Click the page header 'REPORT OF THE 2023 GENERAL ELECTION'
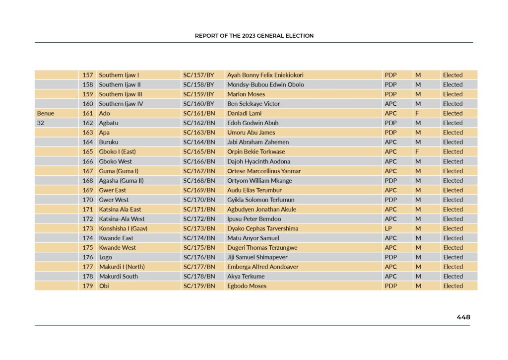click(254, 36)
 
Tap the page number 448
click(463, 317)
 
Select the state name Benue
click(46, 113)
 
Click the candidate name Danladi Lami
click(244, 113)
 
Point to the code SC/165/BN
click(199, 151)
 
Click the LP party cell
click(388, 228)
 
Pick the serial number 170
click(88, 200)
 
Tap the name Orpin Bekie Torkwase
click(256, 151)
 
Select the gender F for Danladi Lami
click(417, 113)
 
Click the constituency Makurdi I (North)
click(122, 267)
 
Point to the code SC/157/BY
click(198, 75)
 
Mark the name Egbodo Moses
click(247, 286)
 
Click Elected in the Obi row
click(452, 286)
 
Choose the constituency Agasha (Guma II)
click(121, 181)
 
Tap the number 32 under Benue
click(41, 123)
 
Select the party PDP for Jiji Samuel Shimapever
click(390, 257)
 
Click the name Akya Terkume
click(246, 277)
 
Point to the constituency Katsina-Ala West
click(122, 219)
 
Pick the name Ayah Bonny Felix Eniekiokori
click(265, 75)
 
